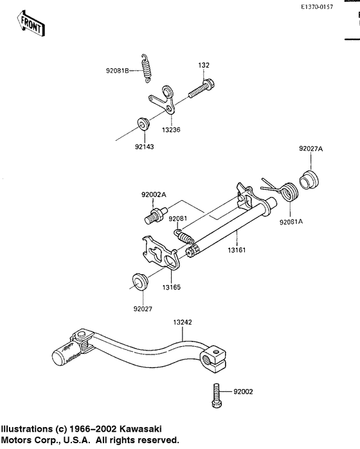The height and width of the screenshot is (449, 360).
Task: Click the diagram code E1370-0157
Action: click(317, 7)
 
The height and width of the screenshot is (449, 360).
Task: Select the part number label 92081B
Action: click(118, 71)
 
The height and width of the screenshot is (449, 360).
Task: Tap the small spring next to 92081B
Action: click(147, 68)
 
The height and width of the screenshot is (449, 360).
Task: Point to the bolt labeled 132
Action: click(201, 89)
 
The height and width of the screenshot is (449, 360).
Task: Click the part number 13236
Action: click(171, 130)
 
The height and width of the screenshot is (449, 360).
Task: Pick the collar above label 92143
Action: click(143, 123)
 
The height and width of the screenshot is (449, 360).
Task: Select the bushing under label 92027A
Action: click(309, 179)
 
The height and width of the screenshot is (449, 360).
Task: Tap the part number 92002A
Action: click(154, 195)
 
